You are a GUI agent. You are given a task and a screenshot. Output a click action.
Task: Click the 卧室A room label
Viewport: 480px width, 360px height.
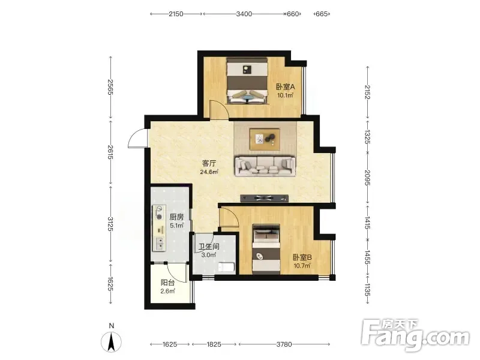pos(286,87)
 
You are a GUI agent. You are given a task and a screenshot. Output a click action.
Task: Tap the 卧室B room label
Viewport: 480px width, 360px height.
pos(302,257)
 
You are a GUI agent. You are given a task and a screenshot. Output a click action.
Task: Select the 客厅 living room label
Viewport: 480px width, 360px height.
pos(209,163)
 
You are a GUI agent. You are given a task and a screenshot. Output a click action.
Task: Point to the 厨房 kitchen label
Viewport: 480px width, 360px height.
pos(176,217)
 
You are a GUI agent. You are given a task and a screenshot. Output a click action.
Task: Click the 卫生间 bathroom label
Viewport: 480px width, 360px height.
pos(209,247)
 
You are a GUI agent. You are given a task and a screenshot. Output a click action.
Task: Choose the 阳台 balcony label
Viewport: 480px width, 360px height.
pos(167,283)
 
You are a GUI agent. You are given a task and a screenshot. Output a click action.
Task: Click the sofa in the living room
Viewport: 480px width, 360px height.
pos(265,166)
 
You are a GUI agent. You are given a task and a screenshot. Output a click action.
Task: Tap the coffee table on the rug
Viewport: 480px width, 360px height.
pos(265,139)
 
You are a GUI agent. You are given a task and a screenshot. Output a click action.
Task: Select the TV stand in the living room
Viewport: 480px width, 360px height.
pos(265,199)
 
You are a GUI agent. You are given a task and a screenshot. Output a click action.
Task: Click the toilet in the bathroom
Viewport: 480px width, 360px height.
pos(227,267)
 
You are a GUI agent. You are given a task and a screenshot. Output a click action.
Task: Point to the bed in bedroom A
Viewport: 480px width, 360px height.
pos(247,81)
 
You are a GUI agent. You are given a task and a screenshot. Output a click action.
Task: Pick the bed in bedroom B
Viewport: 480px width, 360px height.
pos(266,248)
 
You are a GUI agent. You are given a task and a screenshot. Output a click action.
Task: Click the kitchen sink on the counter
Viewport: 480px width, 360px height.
pos(160,244)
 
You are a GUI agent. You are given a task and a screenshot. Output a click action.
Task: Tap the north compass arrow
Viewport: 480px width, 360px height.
pos(112,341)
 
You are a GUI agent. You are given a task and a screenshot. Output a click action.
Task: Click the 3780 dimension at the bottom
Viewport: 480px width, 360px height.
pos(284,344)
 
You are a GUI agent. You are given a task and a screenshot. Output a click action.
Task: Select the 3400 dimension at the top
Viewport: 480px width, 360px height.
pos(244,14)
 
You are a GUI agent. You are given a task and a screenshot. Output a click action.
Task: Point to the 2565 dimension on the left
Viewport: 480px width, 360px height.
pos(110,87)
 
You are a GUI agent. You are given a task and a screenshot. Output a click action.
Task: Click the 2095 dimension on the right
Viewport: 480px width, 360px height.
pos(367,178)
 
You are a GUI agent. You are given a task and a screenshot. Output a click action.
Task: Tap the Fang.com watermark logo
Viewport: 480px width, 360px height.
pos(415,335)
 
